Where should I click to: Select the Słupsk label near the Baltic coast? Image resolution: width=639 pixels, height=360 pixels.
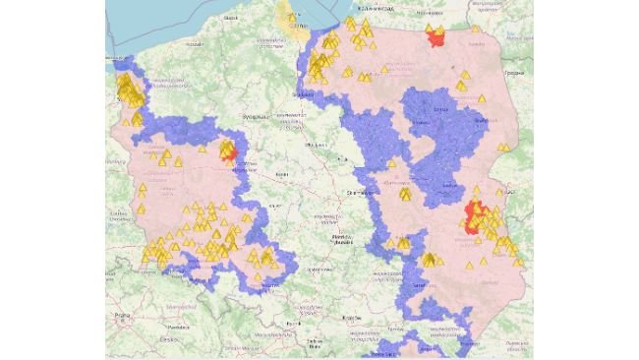coord(231,18)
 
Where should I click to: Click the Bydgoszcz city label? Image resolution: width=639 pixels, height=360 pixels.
coord(255,115)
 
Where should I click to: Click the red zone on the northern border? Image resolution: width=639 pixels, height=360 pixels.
coord(435,37)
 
